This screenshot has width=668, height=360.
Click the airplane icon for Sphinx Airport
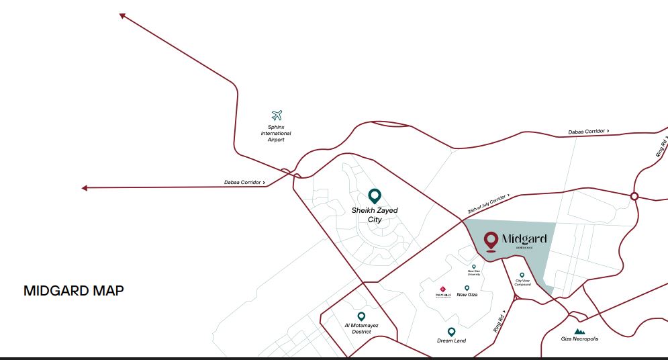(x=277, y=116)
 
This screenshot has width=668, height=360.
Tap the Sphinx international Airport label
(x=276, y=133)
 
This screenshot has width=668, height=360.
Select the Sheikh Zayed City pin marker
(x=375, y=196)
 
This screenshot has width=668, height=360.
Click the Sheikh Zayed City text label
(x=375, y=215)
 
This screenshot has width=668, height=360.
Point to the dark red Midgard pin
(x=491, y=240)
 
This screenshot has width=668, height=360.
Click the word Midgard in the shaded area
(x=524, y=239)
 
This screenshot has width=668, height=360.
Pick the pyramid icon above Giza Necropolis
(x=579, y=332)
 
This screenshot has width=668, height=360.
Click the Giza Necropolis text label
(x=579, y=339)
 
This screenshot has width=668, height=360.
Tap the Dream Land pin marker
(x=451, y=332)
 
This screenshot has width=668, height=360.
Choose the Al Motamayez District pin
(x=361, y=316)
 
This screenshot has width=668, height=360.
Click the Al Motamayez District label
(x=361, y=328)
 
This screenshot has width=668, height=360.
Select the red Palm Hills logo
(x=442, y=289)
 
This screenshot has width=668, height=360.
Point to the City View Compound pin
(x=522, y=275)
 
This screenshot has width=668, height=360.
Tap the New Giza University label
(x=474, y=273)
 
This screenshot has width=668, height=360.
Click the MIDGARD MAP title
(x=74, y=291)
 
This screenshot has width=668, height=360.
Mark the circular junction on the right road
(x=634, y=196)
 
